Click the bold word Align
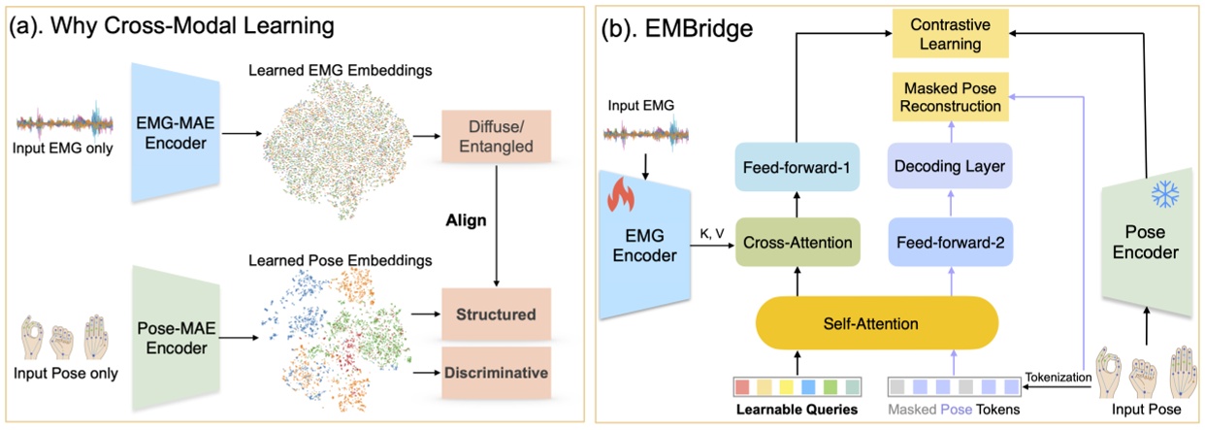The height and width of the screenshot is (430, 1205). pyautogui.click(x=467, y=220)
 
